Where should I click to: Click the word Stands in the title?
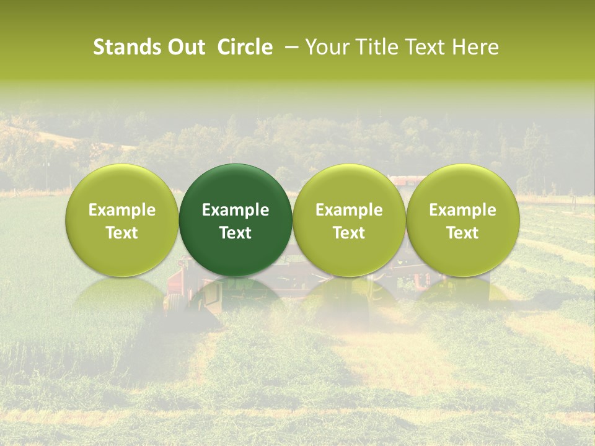pos(127,47)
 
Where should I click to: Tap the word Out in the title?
pos(186,47)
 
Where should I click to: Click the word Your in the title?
pos(327,47)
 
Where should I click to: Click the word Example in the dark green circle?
pos(236,210)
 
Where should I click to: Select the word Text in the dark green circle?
pos(236,233)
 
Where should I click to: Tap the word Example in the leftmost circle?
pos(122,210)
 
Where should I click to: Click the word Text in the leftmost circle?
pos(122,233)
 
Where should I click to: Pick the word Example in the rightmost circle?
pos(462,210)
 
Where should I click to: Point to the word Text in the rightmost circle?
pos(462,233)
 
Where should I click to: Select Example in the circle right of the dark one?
pos(349,210)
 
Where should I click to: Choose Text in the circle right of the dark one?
pos(349,233)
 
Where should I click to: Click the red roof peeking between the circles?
pos(406,180)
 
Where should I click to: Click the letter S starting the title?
pos(98,47)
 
